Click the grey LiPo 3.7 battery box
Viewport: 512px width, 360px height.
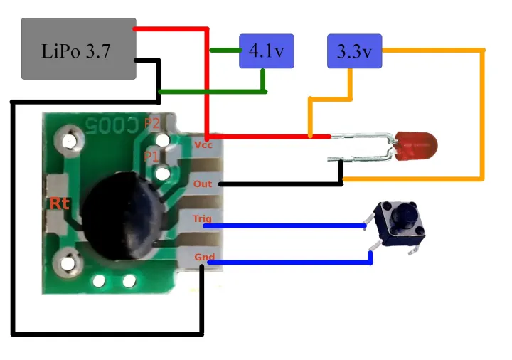pos(78,49)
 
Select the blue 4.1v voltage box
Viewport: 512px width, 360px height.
pos(267,51)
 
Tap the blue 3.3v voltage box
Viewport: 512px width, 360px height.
pos(354,51)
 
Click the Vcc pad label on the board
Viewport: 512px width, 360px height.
pos(203,144)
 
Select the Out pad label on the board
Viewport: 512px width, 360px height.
pos(203,184)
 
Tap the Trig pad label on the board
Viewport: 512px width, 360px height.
pos(203,219)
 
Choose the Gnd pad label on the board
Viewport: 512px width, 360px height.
pos(203,257)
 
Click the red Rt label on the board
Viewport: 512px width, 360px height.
pos(59,204)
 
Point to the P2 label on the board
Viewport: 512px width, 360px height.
pos(152,123)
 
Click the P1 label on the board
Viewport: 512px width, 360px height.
pos(151,155)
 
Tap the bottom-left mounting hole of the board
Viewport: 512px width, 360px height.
pos(69,264)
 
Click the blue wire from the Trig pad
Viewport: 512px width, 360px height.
pos(284,226)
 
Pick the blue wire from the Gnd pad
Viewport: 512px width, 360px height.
pos(284,263)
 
